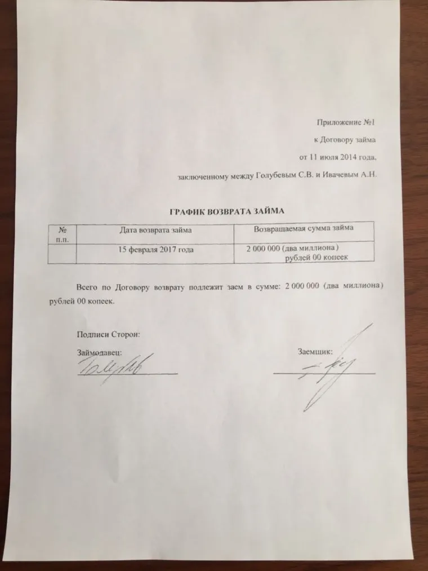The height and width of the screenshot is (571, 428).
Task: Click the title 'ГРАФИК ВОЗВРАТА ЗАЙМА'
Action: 228,211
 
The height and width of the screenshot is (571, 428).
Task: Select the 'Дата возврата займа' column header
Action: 156,229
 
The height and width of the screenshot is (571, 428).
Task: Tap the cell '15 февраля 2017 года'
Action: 156,249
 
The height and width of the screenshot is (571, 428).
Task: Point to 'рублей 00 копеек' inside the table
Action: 316,257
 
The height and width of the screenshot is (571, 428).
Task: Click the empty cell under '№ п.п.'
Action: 62,253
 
